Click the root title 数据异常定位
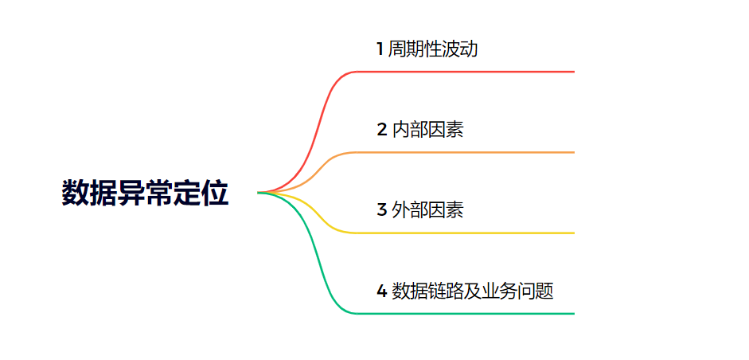(x=145, y=194)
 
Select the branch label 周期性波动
(x=433, y=49)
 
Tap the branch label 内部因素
(x=427, y=130)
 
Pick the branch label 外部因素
(x=427, y=210)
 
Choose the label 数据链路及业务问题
(x=473, y=291)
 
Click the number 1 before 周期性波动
(x=380, y=49)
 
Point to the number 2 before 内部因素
(x=382, y=130)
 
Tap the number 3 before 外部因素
(x=382, y=210)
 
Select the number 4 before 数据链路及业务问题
(x=382, y=291)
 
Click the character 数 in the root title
(x=75, y=194)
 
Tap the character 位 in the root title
(x=216, y=194)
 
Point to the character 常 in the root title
(x=159, y=194)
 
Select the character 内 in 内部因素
(x=401, y=130)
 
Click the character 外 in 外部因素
(x=401, y=210)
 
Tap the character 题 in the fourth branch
(x=544, y=291)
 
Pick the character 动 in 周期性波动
(x=469, y=49)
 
